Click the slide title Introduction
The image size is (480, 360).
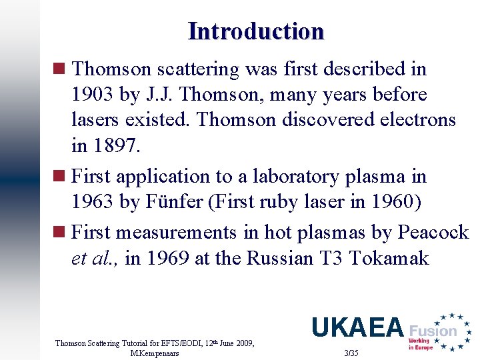point(256,31)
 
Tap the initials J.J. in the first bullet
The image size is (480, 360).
point(157,95)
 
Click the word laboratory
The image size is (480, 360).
point(300,177)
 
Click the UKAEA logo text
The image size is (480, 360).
point(357,327)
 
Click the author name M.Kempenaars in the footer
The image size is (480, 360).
point(155,353)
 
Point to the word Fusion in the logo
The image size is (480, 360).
point(433,331)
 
